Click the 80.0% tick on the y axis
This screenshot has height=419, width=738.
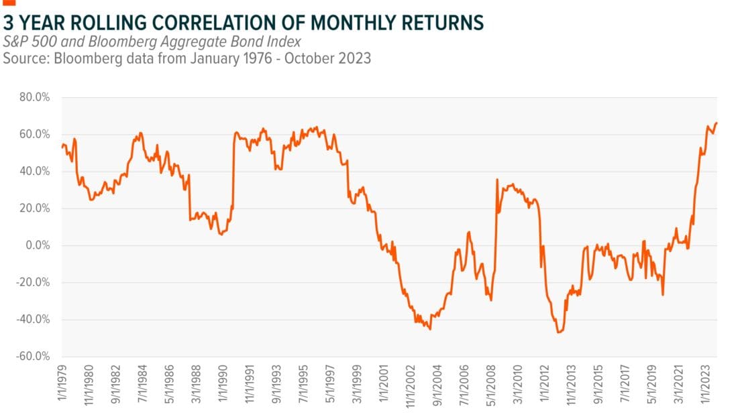coord(36,97)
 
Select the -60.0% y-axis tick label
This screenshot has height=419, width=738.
coord(35,356)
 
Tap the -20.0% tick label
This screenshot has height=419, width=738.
coord(35,282)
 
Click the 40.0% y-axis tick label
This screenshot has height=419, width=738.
coord(36,172)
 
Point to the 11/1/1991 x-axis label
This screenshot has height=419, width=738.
coord(248,387)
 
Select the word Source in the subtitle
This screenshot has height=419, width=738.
coord(22,58)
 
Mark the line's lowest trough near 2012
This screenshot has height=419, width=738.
coord(558,333)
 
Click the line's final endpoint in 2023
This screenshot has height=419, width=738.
coord(717,123)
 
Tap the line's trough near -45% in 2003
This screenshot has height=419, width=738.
coord(429,329)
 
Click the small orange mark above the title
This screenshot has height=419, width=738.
coord(8,3)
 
